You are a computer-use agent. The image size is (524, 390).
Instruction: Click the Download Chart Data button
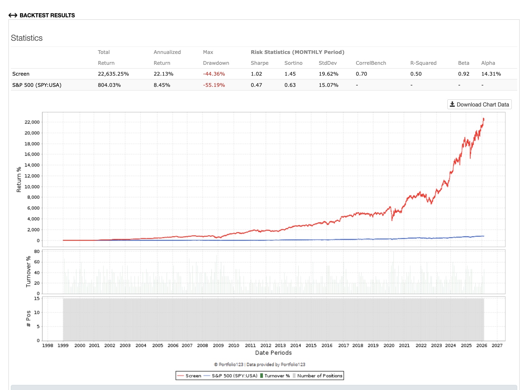479,104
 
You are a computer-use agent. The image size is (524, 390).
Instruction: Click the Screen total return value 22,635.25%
113,74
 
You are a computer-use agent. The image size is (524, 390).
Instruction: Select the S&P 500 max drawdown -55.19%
214,85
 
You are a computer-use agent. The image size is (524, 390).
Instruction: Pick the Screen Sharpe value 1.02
256,74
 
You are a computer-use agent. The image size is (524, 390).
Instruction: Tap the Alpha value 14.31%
491,74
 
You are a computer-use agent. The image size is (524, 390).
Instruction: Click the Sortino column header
293,63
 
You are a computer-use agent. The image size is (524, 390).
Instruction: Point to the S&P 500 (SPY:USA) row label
37,85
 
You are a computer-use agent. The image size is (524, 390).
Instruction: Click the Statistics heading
27,38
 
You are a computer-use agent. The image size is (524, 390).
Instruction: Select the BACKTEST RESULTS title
47,15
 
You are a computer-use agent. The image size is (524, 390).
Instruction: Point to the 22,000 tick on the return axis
32,122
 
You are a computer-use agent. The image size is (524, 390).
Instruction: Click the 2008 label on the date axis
202,346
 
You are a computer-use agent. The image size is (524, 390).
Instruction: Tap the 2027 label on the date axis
497,346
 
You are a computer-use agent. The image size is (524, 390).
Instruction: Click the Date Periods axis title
273,353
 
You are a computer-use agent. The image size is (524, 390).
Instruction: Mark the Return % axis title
19,179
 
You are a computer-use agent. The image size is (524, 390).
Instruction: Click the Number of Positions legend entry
319,376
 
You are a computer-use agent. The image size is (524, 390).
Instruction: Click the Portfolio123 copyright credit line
260,365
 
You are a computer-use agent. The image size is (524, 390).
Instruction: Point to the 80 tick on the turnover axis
37,252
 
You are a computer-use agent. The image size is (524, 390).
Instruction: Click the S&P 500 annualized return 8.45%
162,85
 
